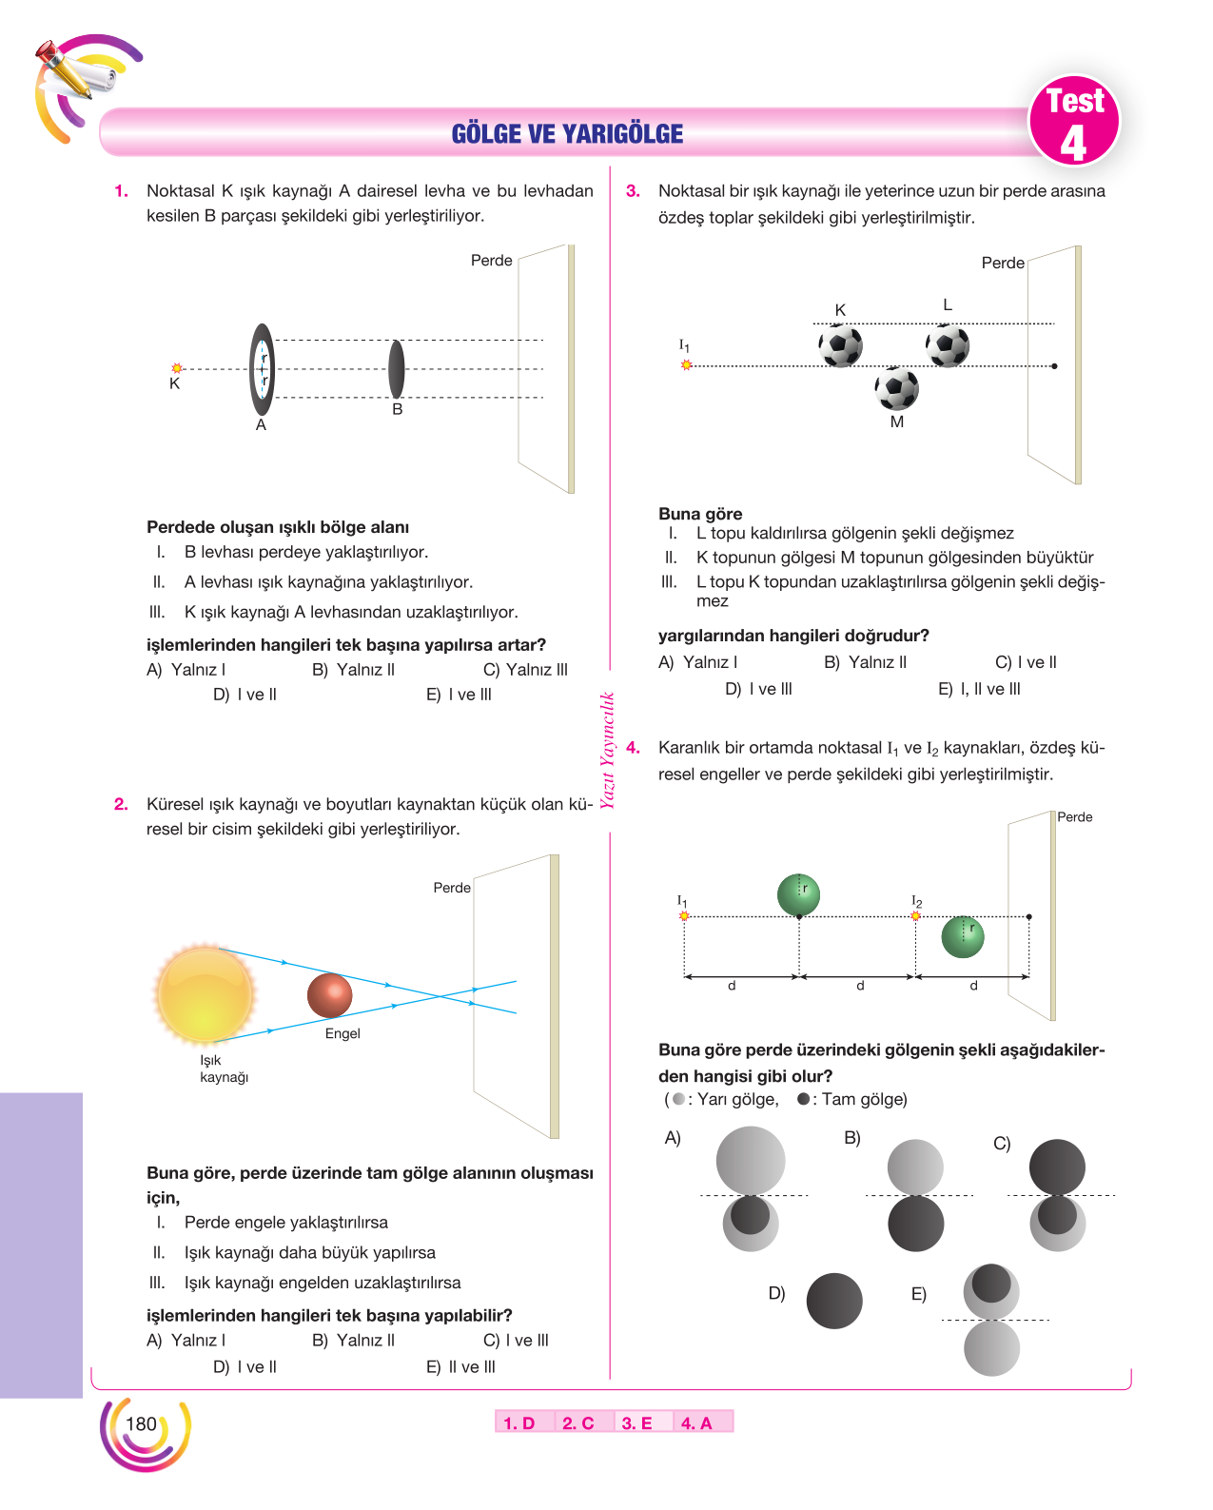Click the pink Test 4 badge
(1073, 121)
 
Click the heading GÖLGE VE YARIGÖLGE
(566, 133)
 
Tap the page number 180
(141, 1423)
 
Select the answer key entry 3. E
(636, 1423)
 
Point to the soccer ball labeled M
(896, 388)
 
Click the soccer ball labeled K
(840, 345)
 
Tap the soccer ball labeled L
(947, 345)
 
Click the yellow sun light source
(205, 993)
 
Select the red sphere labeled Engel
(329, 995)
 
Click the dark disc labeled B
(397, 369)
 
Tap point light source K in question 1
(176, 367)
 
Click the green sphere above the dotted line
(797, 894)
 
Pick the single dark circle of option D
(833, 1301)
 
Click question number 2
(121, 803)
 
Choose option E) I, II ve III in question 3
(979, 689)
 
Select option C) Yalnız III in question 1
(525, 670)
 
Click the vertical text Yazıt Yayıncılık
(607, 750)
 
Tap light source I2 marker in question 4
(915, 915)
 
